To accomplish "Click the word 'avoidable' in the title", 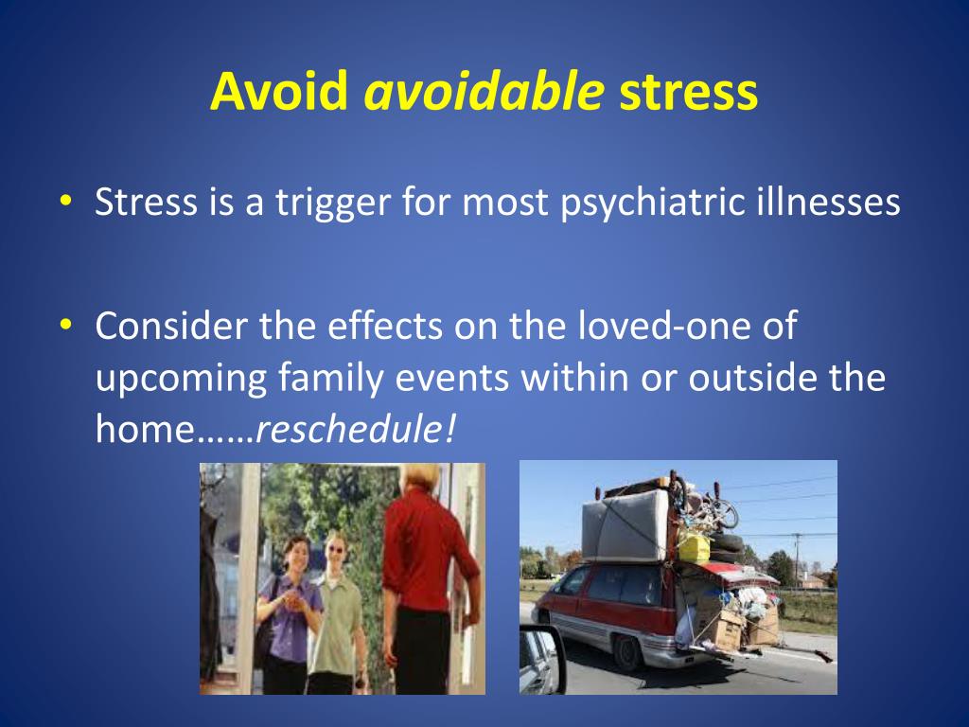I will point(484,92).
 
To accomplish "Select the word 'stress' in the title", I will point(688,92).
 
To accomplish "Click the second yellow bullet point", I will point(64,325).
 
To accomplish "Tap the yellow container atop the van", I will point(694,546).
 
